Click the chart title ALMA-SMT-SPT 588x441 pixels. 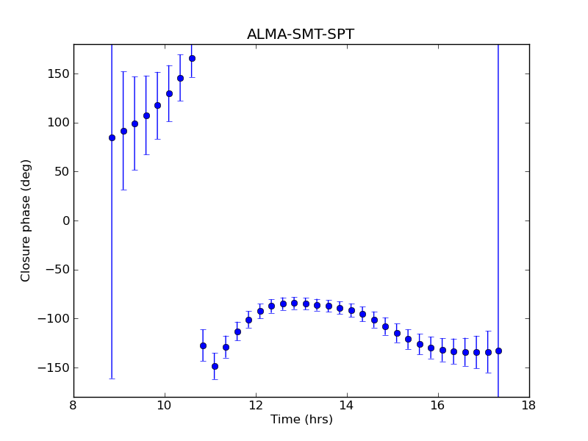click(x=301, y=35)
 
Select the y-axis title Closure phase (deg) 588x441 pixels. click(x=26, y=220)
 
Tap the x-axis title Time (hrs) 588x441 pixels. click(x=301, y=420)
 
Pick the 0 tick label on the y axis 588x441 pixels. click(x=65, y=220)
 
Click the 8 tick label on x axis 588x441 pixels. click(x=73, y=405)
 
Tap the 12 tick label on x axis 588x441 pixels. click(x=256, y=405)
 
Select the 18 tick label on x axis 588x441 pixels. click(x=528, y=405)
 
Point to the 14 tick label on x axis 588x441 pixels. click(x=347, y=405)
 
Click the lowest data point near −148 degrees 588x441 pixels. click(x=215, y=366)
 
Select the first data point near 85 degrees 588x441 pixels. click(x=112, y=137)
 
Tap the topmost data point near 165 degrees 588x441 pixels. click(x=192, y=58)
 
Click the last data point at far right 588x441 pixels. click(x=498, y=351)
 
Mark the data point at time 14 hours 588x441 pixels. click(x=351, y=310)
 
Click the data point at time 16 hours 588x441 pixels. click(x=442, y=350)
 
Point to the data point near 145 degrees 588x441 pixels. click(x=180, y=78)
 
